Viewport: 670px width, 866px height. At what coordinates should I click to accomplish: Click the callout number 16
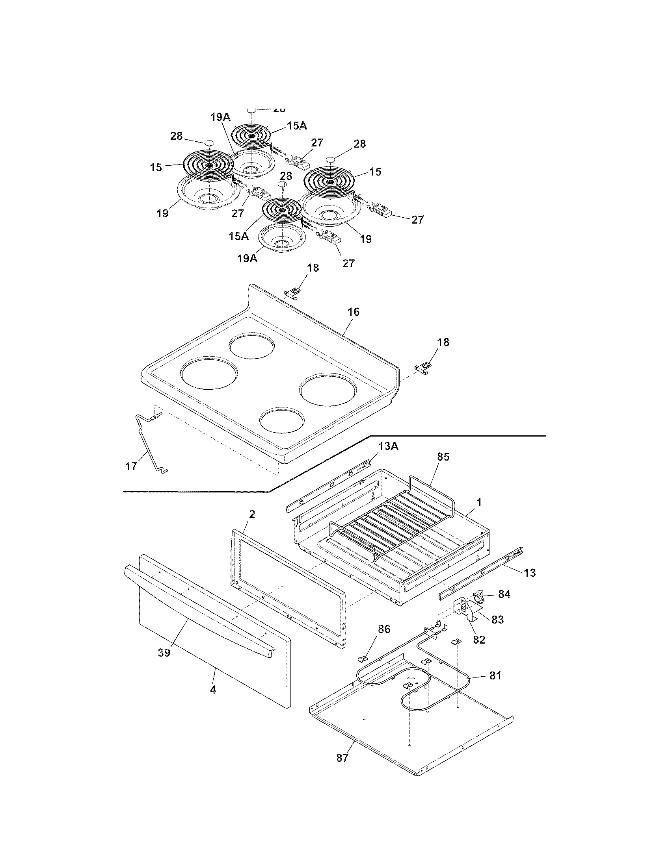click(x=353, y=312)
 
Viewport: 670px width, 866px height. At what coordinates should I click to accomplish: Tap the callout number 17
click(x=131, y=466)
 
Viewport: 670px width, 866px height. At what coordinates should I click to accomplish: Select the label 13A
click(x=388, y=446)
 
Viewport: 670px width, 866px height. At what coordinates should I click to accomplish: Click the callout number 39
click(x=164, y=653)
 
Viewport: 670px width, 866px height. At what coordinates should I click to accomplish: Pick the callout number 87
click(x=342, y=758)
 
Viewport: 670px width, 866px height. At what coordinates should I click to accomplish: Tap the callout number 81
click(x=495, y=675)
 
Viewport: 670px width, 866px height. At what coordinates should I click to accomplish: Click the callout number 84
click(x=504, y=594)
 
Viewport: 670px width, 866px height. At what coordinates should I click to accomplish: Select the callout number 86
click(x=384, y=629)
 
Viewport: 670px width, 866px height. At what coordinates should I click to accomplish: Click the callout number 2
click(x=252, y=515)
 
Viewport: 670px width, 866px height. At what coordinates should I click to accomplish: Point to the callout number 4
click(x=213, y=690)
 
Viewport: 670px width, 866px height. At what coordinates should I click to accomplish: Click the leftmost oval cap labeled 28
click(x=209, y=143)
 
